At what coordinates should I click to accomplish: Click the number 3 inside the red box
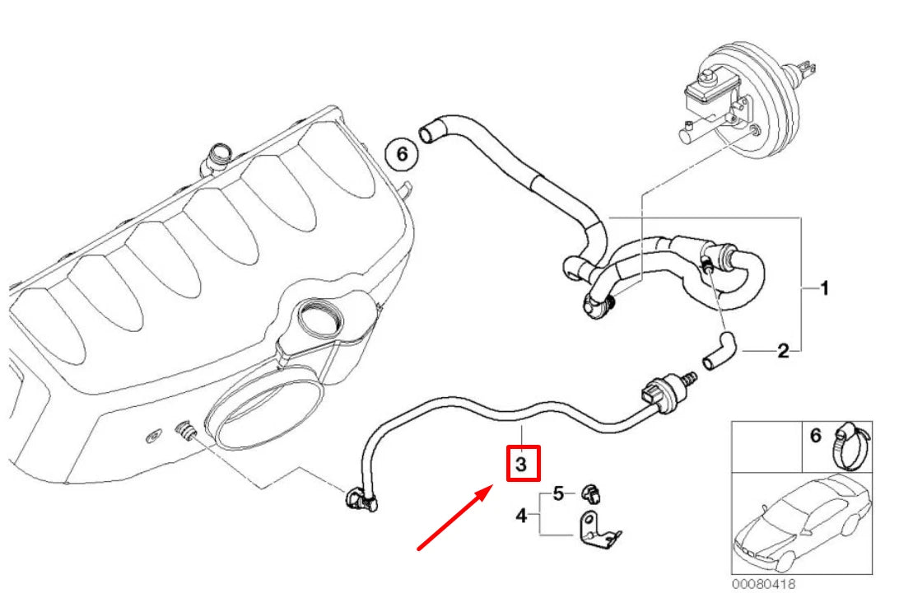coord(521,464)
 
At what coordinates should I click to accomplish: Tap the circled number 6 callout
coord(402,154)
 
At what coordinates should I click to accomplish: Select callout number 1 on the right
coord(824,288)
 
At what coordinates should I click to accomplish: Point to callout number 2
coord(783,351)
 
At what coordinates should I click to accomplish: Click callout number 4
coord(521,516)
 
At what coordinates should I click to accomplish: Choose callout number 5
coord(558,493)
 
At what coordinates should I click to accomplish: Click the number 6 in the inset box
coord(816,436)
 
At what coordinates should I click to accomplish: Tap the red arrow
coord(454,518)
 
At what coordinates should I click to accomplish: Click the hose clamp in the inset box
coord(851,446)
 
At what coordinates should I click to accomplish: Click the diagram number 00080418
coord(764,584)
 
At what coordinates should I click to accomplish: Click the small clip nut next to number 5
coord(591,493)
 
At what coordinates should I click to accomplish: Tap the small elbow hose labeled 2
coord(718,350)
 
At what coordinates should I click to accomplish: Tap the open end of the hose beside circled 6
coord(426,134)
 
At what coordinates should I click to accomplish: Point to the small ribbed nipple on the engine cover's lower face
coord(184,432)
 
